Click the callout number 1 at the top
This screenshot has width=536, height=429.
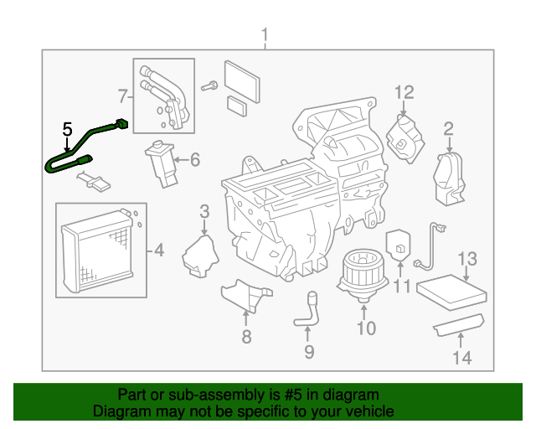(265, 35)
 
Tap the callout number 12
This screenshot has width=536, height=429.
(405, 92)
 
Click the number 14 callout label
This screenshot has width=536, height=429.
(462, 358)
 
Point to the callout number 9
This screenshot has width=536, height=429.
(309, 352)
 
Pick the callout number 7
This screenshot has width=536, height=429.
(121, 94)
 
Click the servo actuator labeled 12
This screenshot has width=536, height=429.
(406, 135)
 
